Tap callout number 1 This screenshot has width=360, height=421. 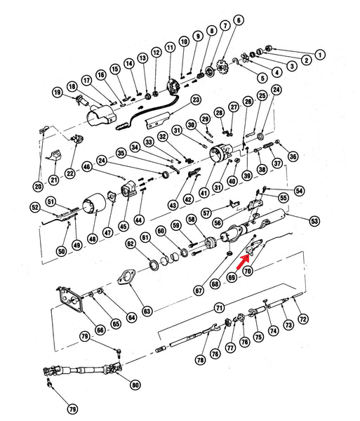[x=321, y=54]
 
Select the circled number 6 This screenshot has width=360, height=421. [x=238, y=20]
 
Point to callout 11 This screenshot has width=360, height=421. [x=170, y=48]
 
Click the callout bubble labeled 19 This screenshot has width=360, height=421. [x=58, y=92]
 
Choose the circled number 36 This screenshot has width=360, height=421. [x=293, y=156]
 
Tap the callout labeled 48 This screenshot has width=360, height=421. [x=93, y=238]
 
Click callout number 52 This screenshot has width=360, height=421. [x=34, y=207]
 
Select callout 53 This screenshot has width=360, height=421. [x=314, y=221]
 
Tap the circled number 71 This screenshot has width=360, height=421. [x=219, y=308]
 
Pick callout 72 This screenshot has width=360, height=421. [x=303, y=319]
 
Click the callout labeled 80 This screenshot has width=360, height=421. [x=135, y=384]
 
